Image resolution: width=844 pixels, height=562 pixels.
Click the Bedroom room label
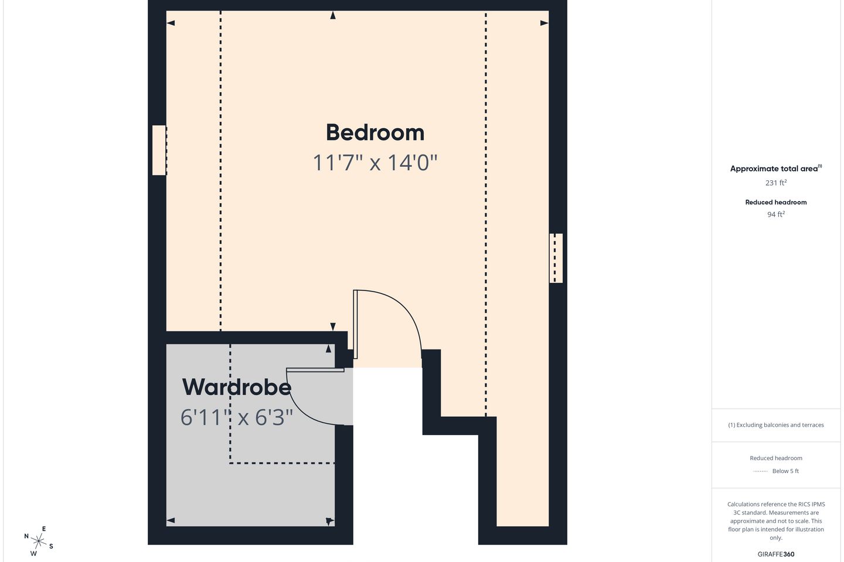375,133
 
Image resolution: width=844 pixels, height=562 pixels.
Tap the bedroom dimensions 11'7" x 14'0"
375,163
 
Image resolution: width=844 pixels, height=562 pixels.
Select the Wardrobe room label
237,387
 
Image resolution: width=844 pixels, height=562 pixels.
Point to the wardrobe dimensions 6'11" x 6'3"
237,417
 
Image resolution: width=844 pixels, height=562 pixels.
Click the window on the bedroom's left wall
159,150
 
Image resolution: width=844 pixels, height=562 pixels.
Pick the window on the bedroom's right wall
556,258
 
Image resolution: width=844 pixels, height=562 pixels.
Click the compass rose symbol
39,542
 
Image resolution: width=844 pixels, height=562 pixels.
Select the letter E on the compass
44,529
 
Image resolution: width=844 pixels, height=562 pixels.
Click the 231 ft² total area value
776,183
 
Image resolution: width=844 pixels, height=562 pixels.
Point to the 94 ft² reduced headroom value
776,214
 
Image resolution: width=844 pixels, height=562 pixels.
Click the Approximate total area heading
776,168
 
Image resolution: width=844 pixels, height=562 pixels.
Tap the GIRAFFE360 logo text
776,554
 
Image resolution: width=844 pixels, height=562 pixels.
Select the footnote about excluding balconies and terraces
776,425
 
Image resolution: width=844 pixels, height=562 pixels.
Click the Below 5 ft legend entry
776,471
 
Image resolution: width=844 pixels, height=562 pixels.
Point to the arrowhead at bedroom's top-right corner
544,23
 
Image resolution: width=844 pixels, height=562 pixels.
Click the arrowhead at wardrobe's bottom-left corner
171,520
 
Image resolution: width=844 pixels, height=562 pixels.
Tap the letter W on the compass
33,553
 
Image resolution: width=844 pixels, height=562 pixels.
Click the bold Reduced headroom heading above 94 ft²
776,202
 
